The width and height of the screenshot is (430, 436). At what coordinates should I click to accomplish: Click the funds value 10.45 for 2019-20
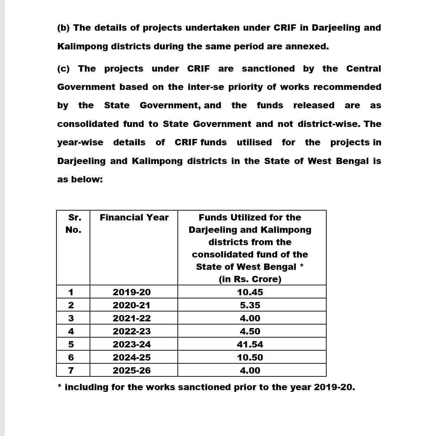coord(250,292)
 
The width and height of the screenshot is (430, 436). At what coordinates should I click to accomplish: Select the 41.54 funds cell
coord(250,344)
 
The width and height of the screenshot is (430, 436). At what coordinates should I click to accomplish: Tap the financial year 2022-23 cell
coord(132,331)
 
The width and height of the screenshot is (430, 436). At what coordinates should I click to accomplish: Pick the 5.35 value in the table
coord(250,305)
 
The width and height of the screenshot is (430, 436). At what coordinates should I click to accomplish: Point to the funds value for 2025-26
coord(250,370)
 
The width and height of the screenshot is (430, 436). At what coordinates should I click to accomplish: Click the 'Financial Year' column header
coord(134,217)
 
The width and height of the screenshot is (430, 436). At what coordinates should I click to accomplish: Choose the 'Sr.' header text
coord(73,217)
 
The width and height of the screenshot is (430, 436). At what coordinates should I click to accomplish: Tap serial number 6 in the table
coord(71,357)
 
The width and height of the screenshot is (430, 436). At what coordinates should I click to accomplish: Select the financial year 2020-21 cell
coord(132,305)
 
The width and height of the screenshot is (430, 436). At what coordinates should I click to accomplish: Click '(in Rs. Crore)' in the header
coord(250,279)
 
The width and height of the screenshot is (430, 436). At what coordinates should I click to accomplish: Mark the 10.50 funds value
coord(250,357)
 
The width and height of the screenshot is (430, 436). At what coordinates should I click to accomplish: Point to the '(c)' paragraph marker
coord(63,68)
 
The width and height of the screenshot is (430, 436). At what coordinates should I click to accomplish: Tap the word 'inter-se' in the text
coord(206,87)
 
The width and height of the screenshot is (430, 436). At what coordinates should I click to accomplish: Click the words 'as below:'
coord(80,179)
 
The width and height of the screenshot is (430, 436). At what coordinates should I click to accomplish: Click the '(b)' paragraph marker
coord(63,28)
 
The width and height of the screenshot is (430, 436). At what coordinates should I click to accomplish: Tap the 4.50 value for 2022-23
coord(250,331)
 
